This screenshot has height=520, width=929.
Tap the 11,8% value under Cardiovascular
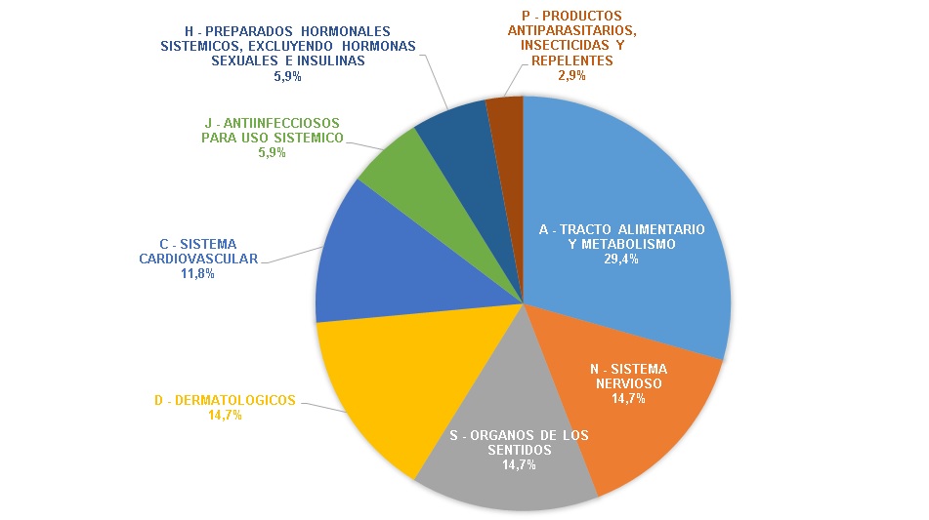coord(197,275)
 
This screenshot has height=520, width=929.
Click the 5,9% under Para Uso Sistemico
coord(271,153)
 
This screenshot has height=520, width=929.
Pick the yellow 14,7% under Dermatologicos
coord(225,415)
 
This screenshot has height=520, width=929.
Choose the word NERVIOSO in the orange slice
coord(628,383)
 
